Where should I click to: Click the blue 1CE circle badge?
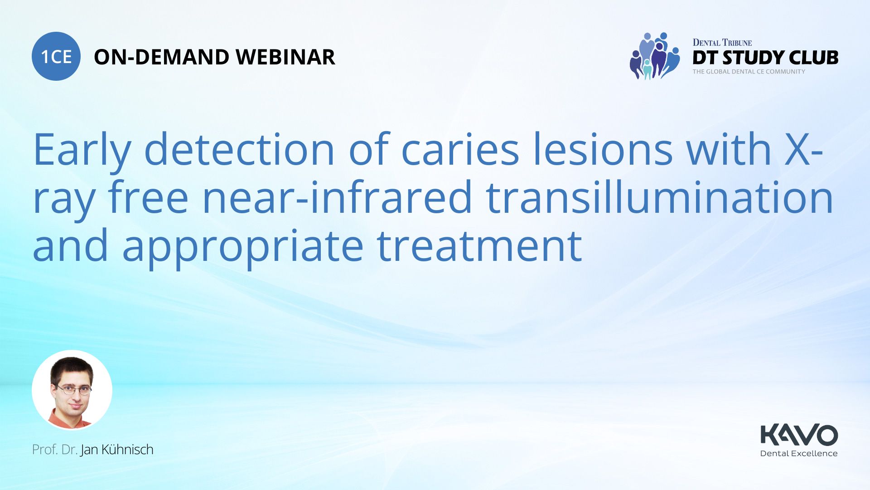pos(56,56)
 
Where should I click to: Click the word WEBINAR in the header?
pos(285,57)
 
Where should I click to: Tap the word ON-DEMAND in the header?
pos(161,57)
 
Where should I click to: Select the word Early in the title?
pos(82,150)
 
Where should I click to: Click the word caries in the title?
pos(460,150)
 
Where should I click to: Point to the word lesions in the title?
pos(603,150)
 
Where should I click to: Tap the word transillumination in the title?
pos(659,197)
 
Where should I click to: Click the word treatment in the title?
pos(479,246)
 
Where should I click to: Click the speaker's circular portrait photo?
pos(72,390)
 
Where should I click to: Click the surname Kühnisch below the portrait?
pos(127,450)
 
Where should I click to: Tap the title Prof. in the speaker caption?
pos(45,450)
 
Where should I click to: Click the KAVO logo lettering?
pos(799,435)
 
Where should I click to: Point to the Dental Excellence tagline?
pos(799,453)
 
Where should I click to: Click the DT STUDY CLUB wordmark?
pos(765,58)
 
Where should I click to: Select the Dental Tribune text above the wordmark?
pos(722,43)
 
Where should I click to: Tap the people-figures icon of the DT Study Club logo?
pos(654,56)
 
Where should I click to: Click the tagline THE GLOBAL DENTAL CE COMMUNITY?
pos(749,72)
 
